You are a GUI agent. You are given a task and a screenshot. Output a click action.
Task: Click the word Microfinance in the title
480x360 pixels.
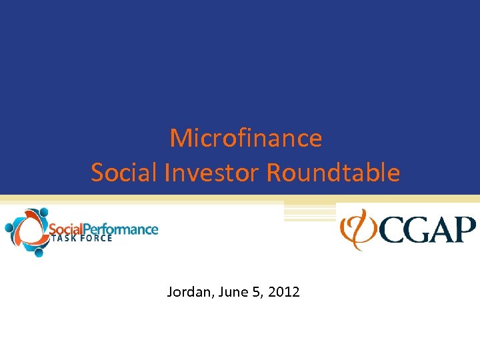point(245,139)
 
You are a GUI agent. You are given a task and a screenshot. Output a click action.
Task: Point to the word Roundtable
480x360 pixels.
point(333,173)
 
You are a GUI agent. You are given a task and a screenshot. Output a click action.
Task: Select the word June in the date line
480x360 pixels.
point(226,291)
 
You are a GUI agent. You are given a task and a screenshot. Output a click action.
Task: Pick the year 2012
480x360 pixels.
point(283,291)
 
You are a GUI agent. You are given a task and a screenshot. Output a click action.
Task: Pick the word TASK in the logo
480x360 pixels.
point(63,239)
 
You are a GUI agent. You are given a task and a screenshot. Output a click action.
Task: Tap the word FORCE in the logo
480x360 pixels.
point(96,239)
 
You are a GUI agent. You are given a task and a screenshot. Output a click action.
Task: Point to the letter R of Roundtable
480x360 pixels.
point(273,173)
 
